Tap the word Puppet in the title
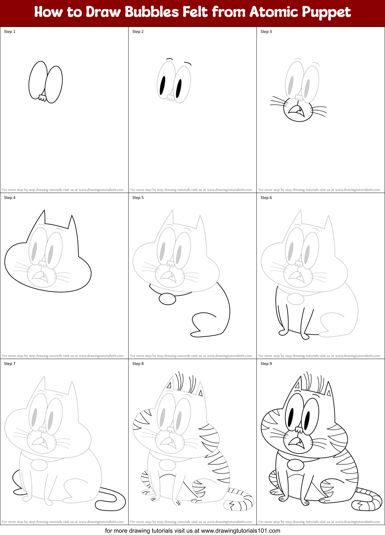[x=326, y=12]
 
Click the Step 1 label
[x=10, y=32]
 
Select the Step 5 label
[x=138, y=198]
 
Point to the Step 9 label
[x=266, y=364]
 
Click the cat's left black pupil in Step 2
[x=162, y=86]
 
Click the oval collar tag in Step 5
[x=167, y=299]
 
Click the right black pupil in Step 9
[x=307, y=421]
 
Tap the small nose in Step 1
[x=42, y=98]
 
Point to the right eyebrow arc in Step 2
[x=188, y=63]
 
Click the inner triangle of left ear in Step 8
[x=169, y=386]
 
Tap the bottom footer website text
[x=192, y=531]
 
